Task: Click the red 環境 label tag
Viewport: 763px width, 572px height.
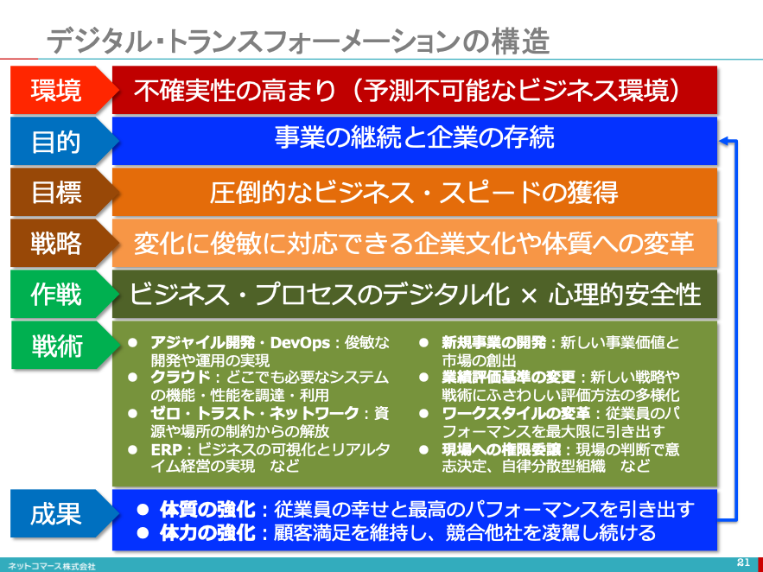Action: coord(63,90)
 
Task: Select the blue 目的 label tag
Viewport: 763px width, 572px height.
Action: coord(63,141)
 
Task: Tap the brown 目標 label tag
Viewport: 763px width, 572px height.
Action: coord(63,192)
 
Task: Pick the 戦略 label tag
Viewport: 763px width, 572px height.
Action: coord(63,243)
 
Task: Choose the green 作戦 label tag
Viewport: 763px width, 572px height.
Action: coord(63,295)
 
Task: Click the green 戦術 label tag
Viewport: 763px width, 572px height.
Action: coord(63,346)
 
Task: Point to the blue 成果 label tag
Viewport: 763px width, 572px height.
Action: coord(63,514)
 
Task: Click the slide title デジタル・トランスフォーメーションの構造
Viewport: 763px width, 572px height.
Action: coord(298,41)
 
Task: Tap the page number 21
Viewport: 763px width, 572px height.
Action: coord(743,562)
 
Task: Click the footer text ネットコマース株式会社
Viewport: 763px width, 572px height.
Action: coord(52,567)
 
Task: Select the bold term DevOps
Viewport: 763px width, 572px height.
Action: coord(300,343)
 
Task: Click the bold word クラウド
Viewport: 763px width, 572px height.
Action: coord(180,378)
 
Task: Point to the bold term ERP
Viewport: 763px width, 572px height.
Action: coord(167,449)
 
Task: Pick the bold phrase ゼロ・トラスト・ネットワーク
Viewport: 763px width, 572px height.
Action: coord(255,413)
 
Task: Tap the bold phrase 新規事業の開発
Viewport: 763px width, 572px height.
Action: coord(494,343)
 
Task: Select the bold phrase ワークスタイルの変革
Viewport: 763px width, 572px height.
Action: coord(516,413)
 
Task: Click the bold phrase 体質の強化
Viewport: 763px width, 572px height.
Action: coord(207,510)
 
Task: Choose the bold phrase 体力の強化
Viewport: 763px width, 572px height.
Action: coord(207,533)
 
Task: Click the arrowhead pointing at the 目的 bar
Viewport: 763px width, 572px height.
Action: coord(723,141)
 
